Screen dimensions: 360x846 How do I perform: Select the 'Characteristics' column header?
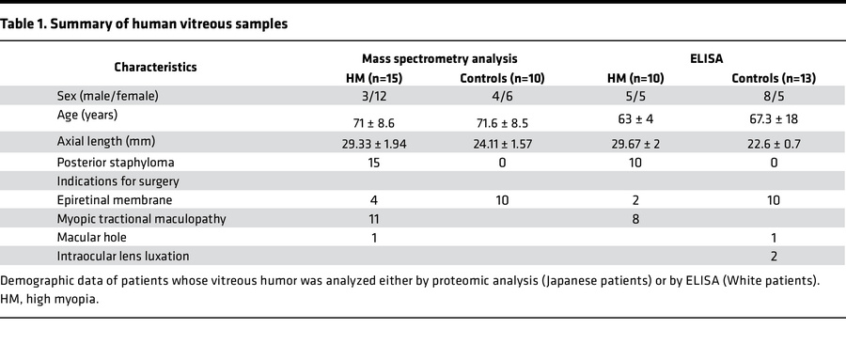156,68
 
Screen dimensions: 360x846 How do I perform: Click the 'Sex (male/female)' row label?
107,97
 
